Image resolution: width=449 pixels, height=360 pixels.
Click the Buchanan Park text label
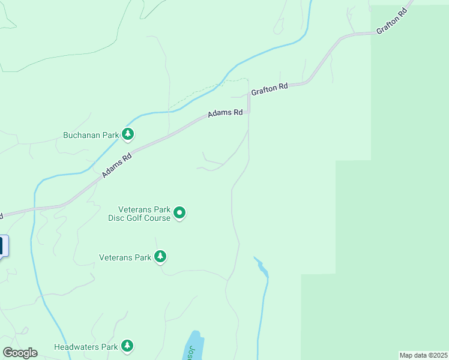[91, 135]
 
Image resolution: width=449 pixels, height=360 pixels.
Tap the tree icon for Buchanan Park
[128, 134]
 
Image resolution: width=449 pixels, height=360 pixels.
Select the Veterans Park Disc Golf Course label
[139, 214]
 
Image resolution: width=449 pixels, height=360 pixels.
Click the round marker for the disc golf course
[179, 213]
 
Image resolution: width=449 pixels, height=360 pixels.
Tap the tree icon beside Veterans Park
[160, 257]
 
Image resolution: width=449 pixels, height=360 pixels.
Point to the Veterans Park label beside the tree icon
[125, 257]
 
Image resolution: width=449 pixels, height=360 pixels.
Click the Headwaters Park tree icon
[127, 346]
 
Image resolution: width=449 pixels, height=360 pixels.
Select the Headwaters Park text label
[85, 347]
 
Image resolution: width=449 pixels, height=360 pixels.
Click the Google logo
[20, 353]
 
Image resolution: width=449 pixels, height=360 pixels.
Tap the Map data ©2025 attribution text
[423, 355]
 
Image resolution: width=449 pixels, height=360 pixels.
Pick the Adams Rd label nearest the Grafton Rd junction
[225, 113]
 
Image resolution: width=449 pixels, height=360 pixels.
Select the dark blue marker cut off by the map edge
[2, 246]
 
